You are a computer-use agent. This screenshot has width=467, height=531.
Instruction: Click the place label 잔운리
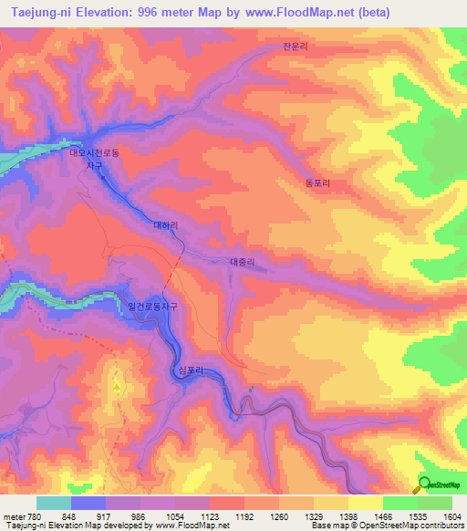296,45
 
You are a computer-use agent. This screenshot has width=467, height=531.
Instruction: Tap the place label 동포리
317,182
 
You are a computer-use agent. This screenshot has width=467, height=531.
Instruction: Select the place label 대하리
165,224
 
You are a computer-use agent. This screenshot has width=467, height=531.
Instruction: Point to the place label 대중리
242,262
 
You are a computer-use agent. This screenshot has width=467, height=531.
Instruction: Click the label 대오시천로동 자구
94,160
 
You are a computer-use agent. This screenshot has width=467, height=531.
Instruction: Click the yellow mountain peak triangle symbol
117,387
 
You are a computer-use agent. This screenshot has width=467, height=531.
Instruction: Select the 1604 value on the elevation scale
441,517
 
